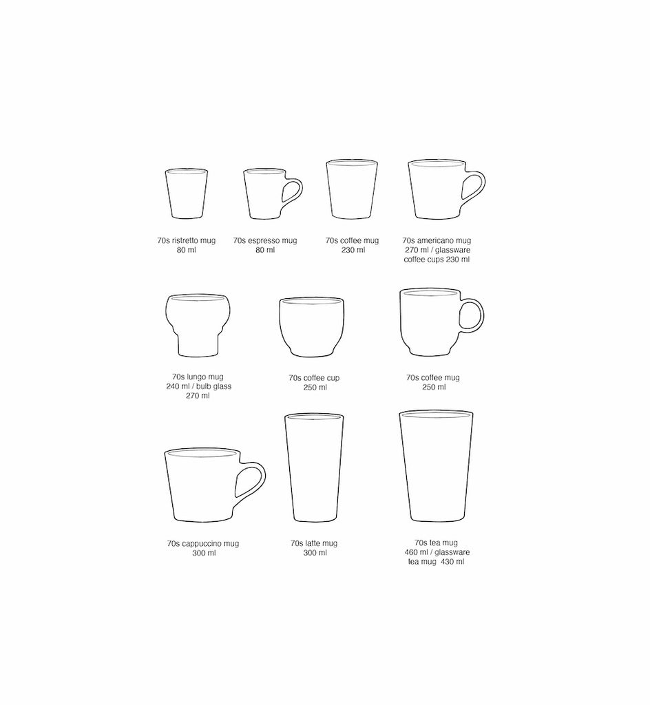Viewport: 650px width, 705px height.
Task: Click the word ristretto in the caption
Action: click(x=193, y=240)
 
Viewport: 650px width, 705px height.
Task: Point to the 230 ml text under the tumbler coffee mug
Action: click(x=353, y=250)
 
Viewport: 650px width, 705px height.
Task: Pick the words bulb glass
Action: click(x=213, y=386)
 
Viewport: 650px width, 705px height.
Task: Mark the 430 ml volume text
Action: click(x=452, y=562)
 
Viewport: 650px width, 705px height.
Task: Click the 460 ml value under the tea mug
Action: click(x=417, y=552)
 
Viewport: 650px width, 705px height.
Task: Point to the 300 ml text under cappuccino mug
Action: click(x=204, y=553)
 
